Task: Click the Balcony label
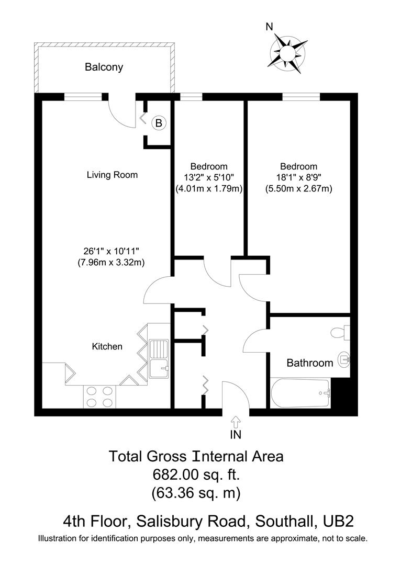pos(104,67)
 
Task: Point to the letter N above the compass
pos(269,27)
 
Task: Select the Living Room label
pos(112,175)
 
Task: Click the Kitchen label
pos(107,346)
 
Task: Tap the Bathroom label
pos(309,363)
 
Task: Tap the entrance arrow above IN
pos(236,421)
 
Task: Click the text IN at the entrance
pos(236,434)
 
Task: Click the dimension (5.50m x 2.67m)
pos(298,189)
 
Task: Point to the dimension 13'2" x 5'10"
pos(209,177)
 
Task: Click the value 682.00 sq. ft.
pos(196,475)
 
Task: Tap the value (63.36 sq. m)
pos(196,493)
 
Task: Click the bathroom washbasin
pos(343,359)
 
